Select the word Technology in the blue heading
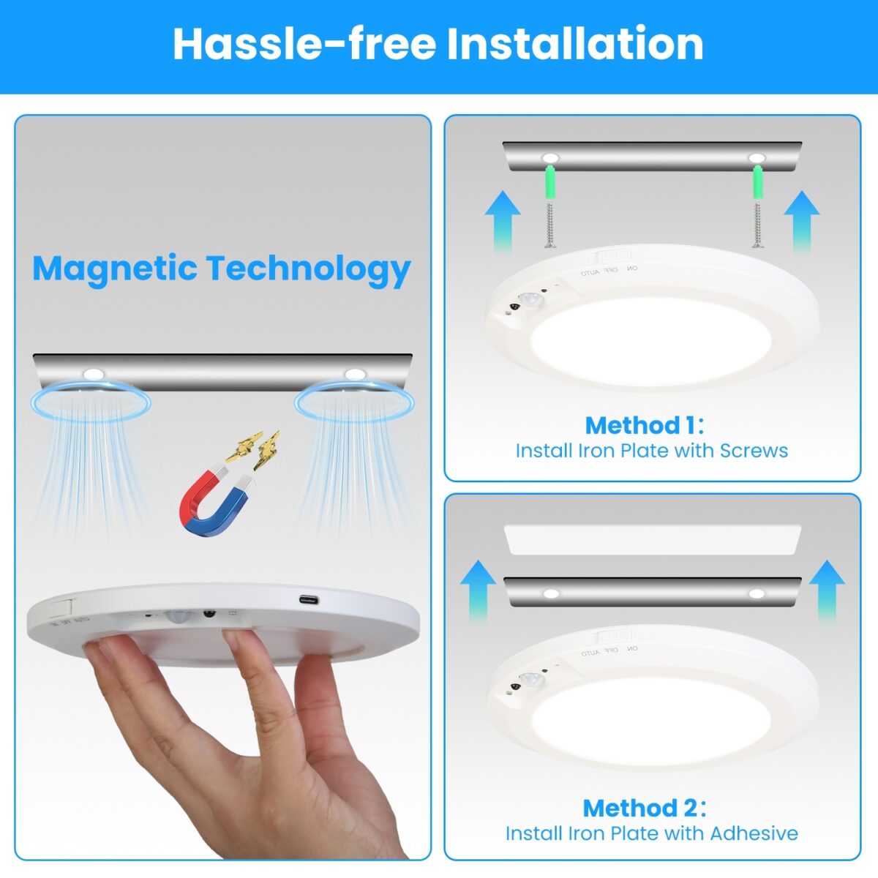click(x=307, y=269)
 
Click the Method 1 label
click(x=644, y=425)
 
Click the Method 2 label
click(x=644, y=808)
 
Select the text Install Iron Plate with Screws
click(x=651, y=451)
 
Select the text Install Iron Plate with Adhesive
click(x=651, y=833)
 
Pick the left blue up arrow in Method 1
click(x=503, y=219)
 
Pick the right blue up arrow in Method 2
click(x=828, y=590)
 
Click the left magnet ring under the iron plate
click(x=91, y=402)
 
